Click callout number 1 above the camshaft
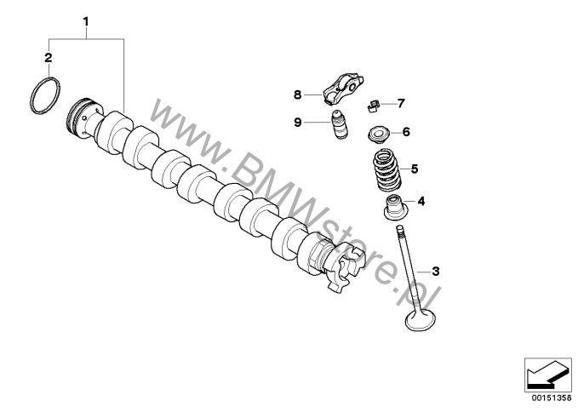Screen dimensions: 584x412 pos(86,21)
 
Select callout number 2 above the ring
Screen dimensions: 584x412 pos(49,58)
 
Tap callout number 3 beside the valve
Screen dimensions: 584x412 pos(435,272)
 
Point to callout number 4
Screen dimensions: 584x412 pos(421,202)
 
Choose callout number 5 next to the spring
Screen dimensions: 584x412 pos(415,169)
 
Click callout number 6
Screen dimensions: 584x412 pos(406,132)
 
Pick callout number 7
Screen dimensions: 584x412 pos(401,104)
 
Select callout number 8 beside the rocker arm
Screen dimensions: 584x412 pos(297,95)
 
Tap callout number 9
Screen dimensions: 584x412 pos(297,123)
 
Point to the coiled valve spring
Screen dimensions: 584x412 pos(387,170)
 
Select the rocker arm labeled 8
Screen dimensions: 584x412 pos(343,88)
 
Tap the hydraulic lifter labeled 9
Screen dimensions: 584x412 pos(339,125)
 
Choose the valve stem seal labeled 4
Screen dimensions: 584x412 pos(396,207)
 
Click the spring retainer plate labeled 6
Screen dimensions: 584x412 pos(378,134)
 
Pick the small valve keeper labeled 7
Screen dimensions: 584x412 pos(374,106)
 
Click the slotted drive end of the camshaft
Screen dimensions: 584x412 pos(342,266)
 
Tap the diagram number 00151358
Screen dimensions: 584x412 pos(552,398)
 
